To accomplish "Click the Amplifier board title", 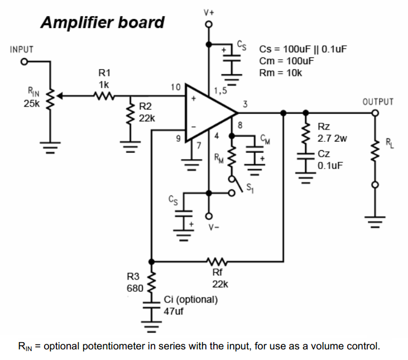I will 103,22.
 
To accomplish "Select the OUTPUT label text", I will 378,102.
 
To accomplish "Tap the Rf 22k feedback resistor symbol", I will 215,260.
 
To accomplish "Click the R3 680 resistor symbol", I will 151,282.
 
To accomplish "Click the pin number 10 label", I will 175,87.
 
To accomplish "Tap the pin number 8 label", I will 241,126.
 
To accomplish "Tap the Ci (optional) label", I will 191,299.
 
